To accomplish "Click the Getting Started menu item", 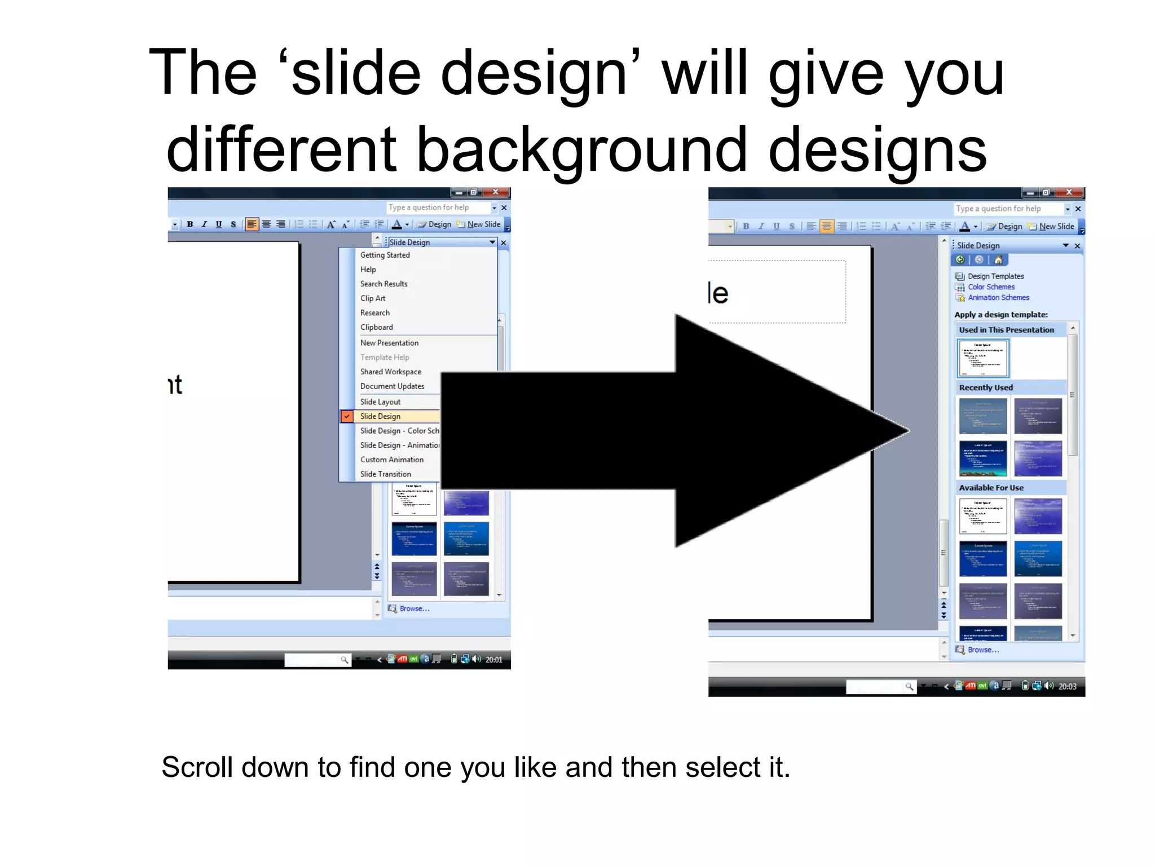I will click(385, 255).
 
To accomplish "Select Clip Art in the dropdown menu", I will click(373, 298).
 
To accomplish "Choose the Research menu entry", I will click(374, 313).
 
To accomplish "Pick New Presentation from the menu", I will click(389, 343).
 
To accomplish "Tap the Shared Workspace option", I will click(390, 372).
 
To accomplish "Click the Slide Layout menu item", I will click(380, 402).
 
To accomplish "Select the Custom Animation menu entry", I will click(391, 459).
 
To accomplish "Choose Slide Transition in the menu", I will click(385, 474).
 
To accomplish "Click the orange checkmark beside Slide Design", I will click(347, 416).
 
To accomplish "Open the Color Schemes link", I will click(991, 287).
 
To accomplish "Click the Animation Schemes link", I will click(998, 298).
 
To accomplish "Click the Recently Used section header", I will click(986, 387).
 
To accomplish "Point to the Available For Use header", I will click(991, 488).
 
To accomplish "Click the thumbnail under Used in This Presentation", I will click(982, 358).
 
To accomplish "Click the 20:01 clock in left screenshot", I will click(493, 660).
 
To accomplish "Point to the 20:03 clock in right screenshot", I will click(1067, 686).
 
